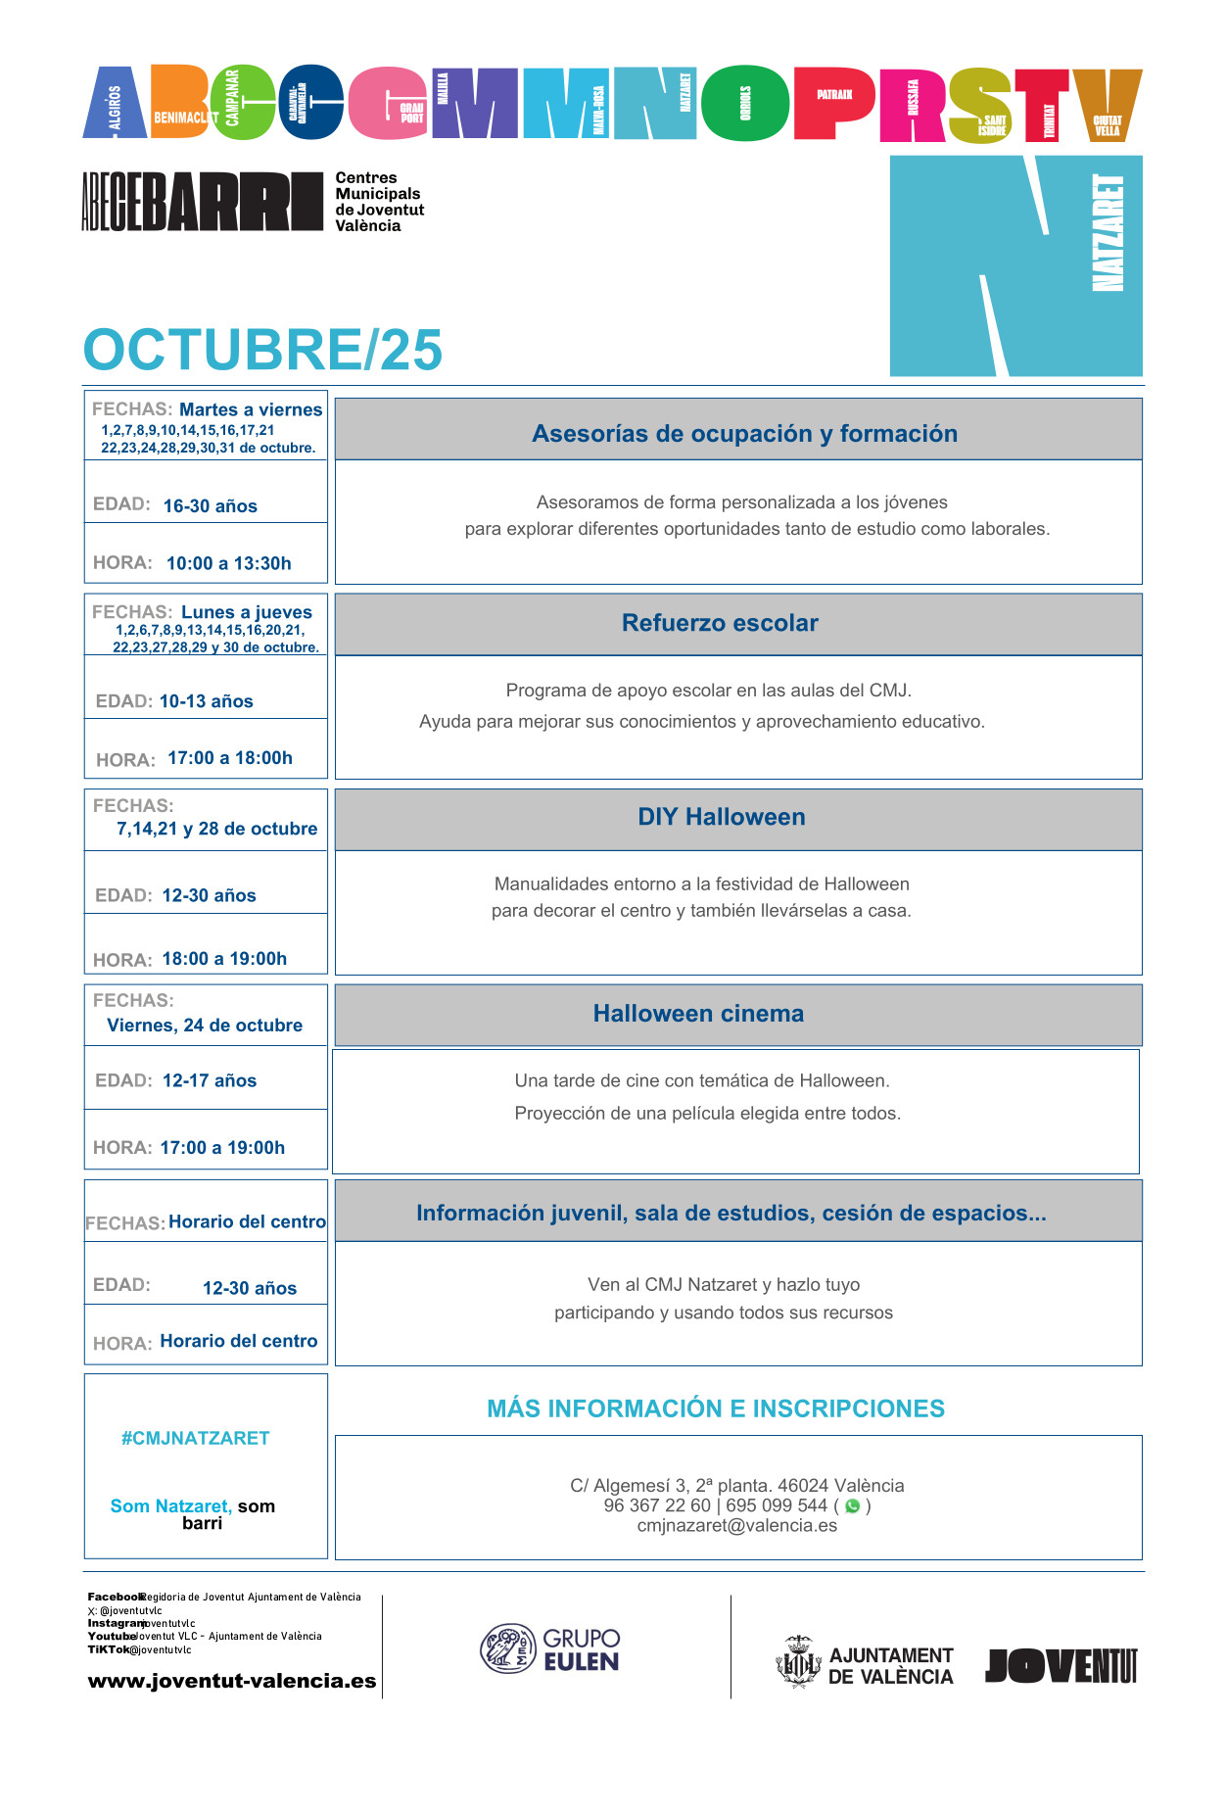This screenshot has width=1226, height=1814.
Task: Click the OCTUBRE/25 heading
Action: pos(262,350)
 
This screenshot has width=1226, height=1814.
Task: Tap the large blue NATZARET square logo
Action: pos(1015,265)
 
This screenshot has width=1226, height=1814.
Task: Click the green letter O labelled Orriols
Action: pos(745,103)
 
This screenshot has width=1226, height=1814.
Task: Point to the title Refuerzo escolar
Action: pos(720,623)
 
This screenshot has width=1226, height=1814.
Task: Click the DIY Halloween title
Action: pos(722,817)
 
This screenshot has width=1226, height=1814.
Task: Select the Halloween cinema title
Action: pos(698,1014)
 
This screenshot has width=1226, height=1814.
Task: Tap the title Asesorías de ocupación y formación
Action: pos(744,434)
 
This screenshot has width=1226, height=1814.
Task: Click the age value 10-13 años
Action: pos(207,701)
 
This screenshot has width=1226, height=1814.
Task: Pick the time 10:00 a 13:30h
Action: pos(229,563)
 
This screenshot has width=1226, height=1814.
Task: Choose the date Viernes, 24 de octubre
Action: pos(205,1026)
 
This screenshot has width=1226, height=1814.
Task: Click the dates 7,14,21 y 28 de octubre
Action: pos(217,829)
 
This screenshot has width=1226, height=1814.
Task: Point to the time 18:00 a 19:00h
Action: pos(224,959)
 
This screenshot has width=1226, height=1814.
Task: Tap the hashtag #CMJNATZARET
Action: pos(195,1438)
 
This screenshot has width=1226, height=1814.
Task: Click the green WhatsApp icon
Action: pos(852,1506)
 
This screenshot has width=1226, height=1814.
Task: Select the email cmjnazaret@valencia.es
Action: pos(737,1525)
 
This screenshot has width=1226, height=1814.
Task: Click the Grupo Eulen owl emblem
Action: pos(507,1648)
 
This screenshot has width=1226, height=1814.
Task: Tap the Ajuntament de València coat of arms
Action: pos(798,1662)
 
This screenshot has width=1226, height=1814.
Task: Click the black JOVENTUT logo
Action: pos(1061,1665)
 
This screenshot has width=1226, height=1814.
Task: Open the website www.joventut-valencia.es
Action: pos(232,1681)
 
